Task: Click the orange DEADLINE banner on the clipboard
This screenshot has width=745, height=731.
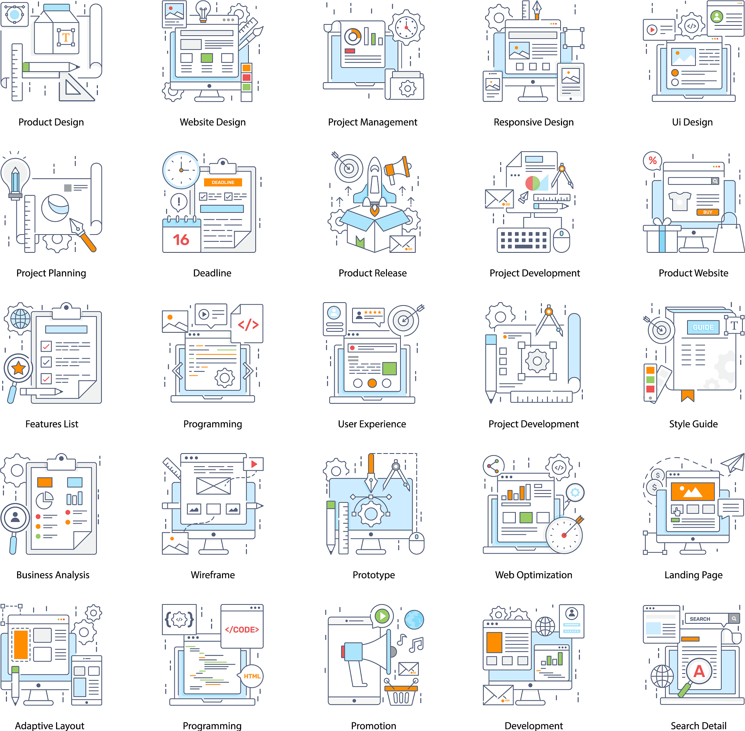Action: coord(223,182)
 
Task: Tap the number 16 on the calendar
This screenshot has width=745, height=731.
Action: coord(181,240)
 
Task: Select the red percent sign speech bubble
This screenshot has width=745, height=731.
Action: coord(653,160)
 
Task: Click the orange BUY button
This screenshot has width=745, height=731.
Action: coord(708,212)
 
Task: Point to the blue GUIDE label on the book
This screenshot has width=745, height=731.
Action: coord(703,327)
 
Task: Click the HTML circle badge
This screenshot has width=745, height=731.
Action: coord(252,676)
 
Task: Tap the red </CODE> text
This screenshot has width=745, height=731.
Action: coord(242,630)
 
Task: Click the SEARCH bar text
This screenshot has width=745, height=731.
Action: coord(700,619)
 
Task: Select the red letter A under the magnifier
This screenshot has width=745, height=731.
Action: coord(699,671)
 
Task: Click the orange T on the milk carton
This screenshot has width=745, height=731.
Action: coord(66,37)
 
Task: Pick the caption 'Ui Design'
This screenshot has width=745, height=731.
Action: coord(692,122)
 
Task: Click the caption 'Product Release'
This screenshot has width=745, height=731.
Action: coord(372,273)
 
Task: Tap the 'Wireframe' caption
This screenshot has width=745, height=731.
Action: coord(213,575)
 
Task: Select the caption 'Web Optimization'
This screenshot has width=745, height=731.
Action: coord(533,575)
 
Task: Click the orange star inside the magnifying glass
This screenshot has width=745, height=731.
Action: coord(19,368)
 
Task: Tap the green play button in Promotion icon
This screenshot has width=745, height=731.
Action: coord(382,616)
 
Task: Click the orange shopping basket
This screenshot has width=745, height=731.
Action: coord(401,694)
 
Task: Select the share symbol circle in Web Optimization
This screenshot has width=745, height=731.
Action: coord(494,466)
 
